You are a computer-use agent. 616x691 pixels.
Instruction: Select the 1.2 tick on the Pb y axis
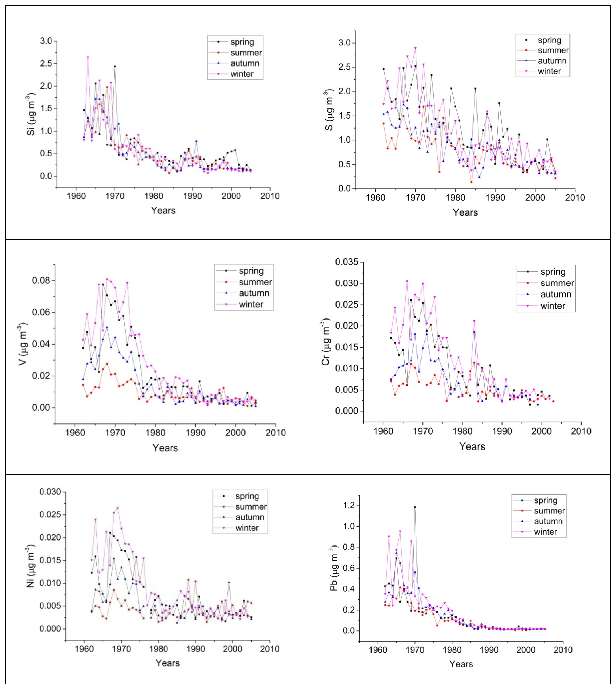[x=349, y=505]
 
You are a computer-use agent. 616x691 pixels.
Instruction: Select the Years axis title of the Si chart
[x=163, y=211]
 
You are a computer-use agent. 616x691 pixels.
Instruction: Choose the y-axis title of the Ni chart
[x=31, y=567]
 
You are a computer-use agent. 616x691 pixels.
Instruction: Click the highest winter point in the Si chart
[x=88, y=57]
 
